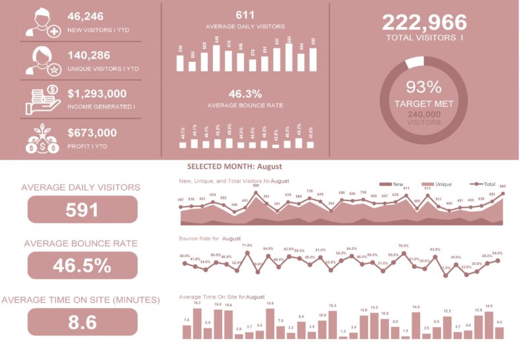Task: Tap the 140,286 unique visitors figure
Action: coord(89,55)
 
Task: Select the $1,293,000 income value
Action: coord(97,94)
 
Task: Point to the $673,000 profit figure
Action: coord(92,133)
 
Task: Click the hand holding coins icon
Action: coord(43,99)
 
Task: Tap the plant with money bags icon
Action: coord(43,138)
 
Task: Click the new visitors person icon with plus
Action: coord(43,22)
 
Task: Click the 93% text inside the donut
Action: coord(423,87)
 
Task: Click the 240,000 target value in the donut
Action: coord(423,114)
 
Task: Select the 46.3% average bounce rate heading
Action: coord(245,94)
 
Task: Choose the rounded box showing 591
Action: coord(82,210)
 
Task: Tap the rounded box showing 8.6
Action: coord(82,322)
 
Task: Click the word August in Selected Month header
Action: coord(269,167)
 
